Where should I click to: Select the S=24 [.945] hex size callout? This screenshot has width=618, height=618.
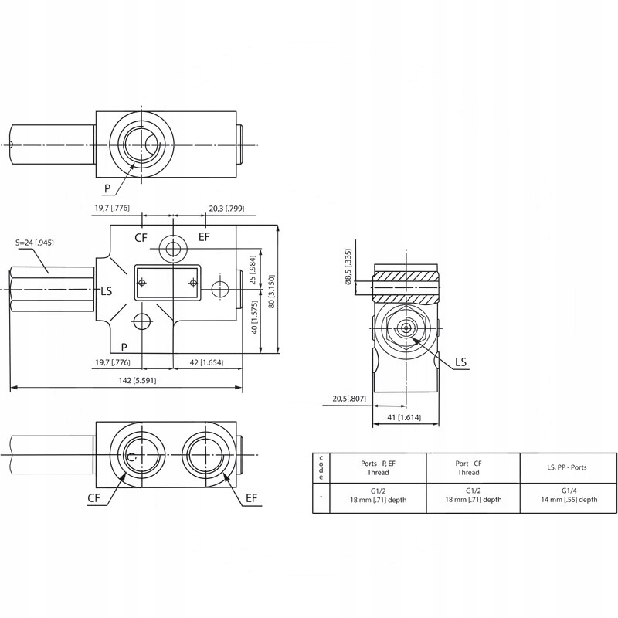coord(35,243)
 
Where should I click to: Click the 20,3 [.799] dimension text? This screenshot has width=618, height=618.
coord(226,209)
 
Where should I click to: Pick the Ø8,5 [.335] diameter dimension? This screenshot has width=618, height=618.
coord(349,267)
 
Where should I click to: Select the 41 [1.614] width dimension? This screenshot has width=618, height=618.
coord(404,417)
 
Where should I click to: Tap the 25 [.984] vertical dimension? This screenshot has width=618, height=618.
coord(252,269)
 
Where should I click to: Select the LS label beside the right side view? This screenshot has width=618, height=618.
coord(460,362)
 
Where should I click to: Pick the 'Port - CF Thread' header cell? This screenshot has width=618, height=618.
coord(468,467)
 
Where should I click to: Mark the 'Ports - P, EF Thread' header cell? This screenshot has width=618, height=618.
coord(378,467)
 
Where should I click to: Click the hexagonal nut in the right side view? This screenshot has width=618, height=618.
coord(406,328)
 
